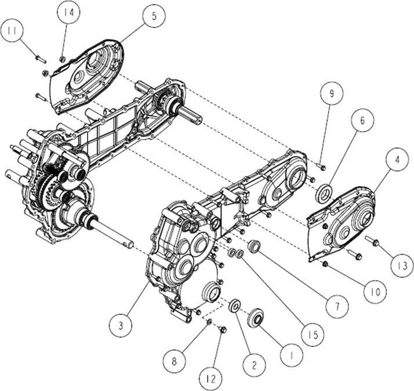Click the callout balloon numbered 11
pos(12,31)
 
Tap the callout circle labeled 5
pos(154,16)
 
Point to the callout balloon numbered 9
pos(332,93)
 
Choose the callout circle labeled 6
pos(362,120)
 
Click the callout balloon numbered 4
pos(397,160)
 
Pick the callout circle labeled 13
pos(402,265)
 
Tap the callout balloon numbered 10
pos(375,292)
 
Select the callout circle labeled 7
pos(337,307)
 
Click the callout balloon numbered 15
pos(314,335)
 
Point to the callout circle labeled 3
pos(121,325)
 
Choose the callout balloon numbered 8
pos(175,361)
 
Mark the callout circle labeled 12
pos(210,379)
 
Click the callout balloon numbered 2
pos(255,365)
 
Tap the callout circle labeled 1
pos(292,356)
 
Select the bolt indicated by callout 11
pos(41,59)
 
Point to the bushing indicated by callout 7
pos(254,246)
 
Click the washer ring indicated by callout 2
pos(234,305)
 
